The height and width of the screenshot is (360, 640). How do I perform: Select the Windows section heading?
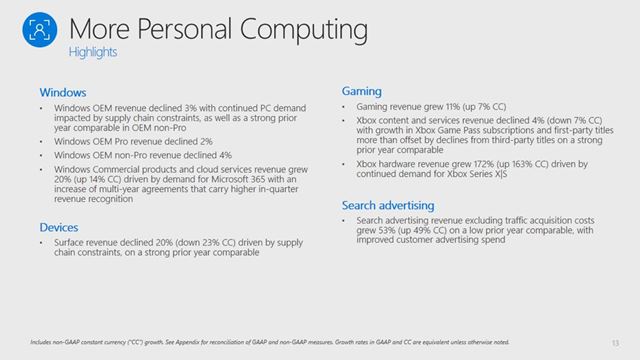pos(62,91)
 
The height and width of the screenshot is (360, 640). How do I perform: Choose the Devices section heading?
pos(59,227)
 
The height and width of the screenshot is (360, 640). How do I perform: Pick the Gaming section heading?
pos(361,91)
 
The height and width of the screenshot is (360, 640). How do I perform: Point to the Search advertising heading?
pos(389,205)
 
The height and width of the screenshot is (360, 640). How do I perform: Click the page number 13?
pos(611,341)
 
